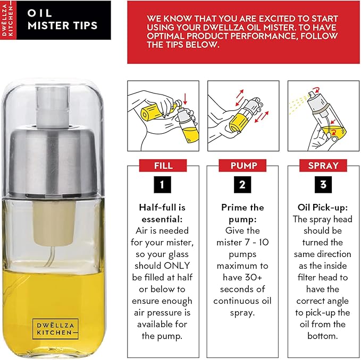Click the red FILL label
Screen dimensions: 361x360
[163, 166]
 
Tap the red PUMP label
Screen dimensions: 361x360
[242, 166]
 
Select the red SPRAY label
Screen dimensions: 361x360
[323, 166]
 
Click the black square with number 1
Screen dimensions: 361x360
[162, 185]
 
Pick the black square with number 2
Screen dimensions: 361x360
[242, 185]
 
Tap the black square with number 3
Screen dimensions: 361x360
[323, 185]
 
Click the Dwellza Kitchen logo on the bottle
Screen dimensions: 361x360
[55, 329]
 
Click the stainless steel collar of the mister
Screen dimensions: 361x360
[53, 161]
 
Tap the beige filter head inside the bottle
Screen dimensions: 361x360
[55, 222]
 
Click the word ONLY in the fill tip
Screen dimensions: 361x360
[177, 265]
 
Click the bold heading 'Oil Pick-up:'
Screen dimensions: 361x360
[323, 208]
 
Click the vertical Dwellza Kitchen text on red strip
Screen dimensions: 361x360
[7, 20]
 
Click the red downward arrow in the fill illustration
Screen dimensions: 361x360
[185, 99]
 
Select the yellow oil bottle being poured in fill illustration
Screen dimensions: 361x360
[156, 111]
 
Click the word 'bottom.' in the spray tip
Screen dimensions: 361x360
[323, 336]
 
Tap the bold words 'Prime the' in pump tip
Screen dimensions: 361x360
[242, 208]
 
